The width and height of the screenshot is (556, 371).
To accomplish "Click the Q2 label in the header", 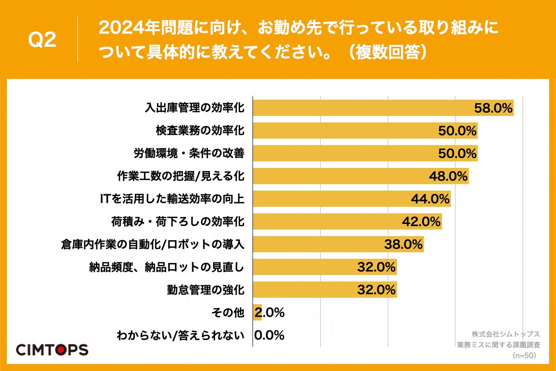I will (42, 40).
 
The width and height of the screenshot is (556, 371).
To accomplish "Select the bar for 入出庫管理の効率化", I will (361, 108).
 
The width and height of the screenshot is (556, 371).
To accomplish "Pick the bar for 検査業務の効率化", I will (343, 131).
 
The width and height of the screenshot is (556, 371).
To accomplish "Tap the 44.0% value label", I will (430, 199).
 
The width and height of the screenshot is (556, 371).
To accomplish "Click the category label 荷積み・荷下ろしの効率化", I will (178, 222).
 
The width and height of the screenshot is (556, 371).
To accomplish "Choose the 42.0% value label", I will (421, 222).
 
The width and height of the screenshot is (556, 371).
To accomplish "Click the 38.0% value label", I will (404, 244).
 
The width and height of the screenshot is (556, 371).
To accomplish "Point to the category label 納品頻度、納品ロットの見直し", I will (166, 267).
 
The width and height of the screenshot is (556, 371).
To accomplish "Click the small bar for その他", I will (257, 313).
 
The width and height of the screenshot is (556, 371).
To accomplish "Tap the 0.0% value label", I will (269, 335).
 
